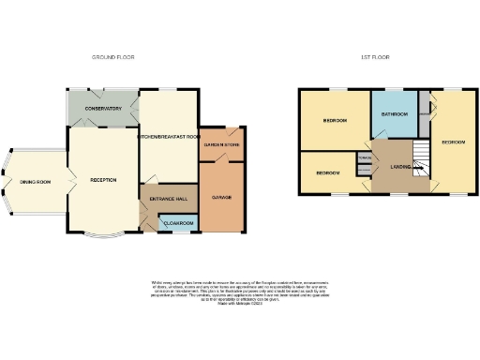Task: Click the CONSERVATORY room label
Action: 103,109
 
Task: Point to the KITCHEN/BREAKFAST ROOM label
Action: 170,137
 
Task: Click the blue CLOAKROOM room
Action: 178,223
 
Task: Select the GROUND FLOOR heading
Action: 113,57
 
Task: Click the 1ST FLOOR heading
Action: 375,57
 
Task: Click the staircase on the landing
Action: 421,161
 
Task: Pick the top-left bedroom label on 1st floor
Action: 336,121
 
